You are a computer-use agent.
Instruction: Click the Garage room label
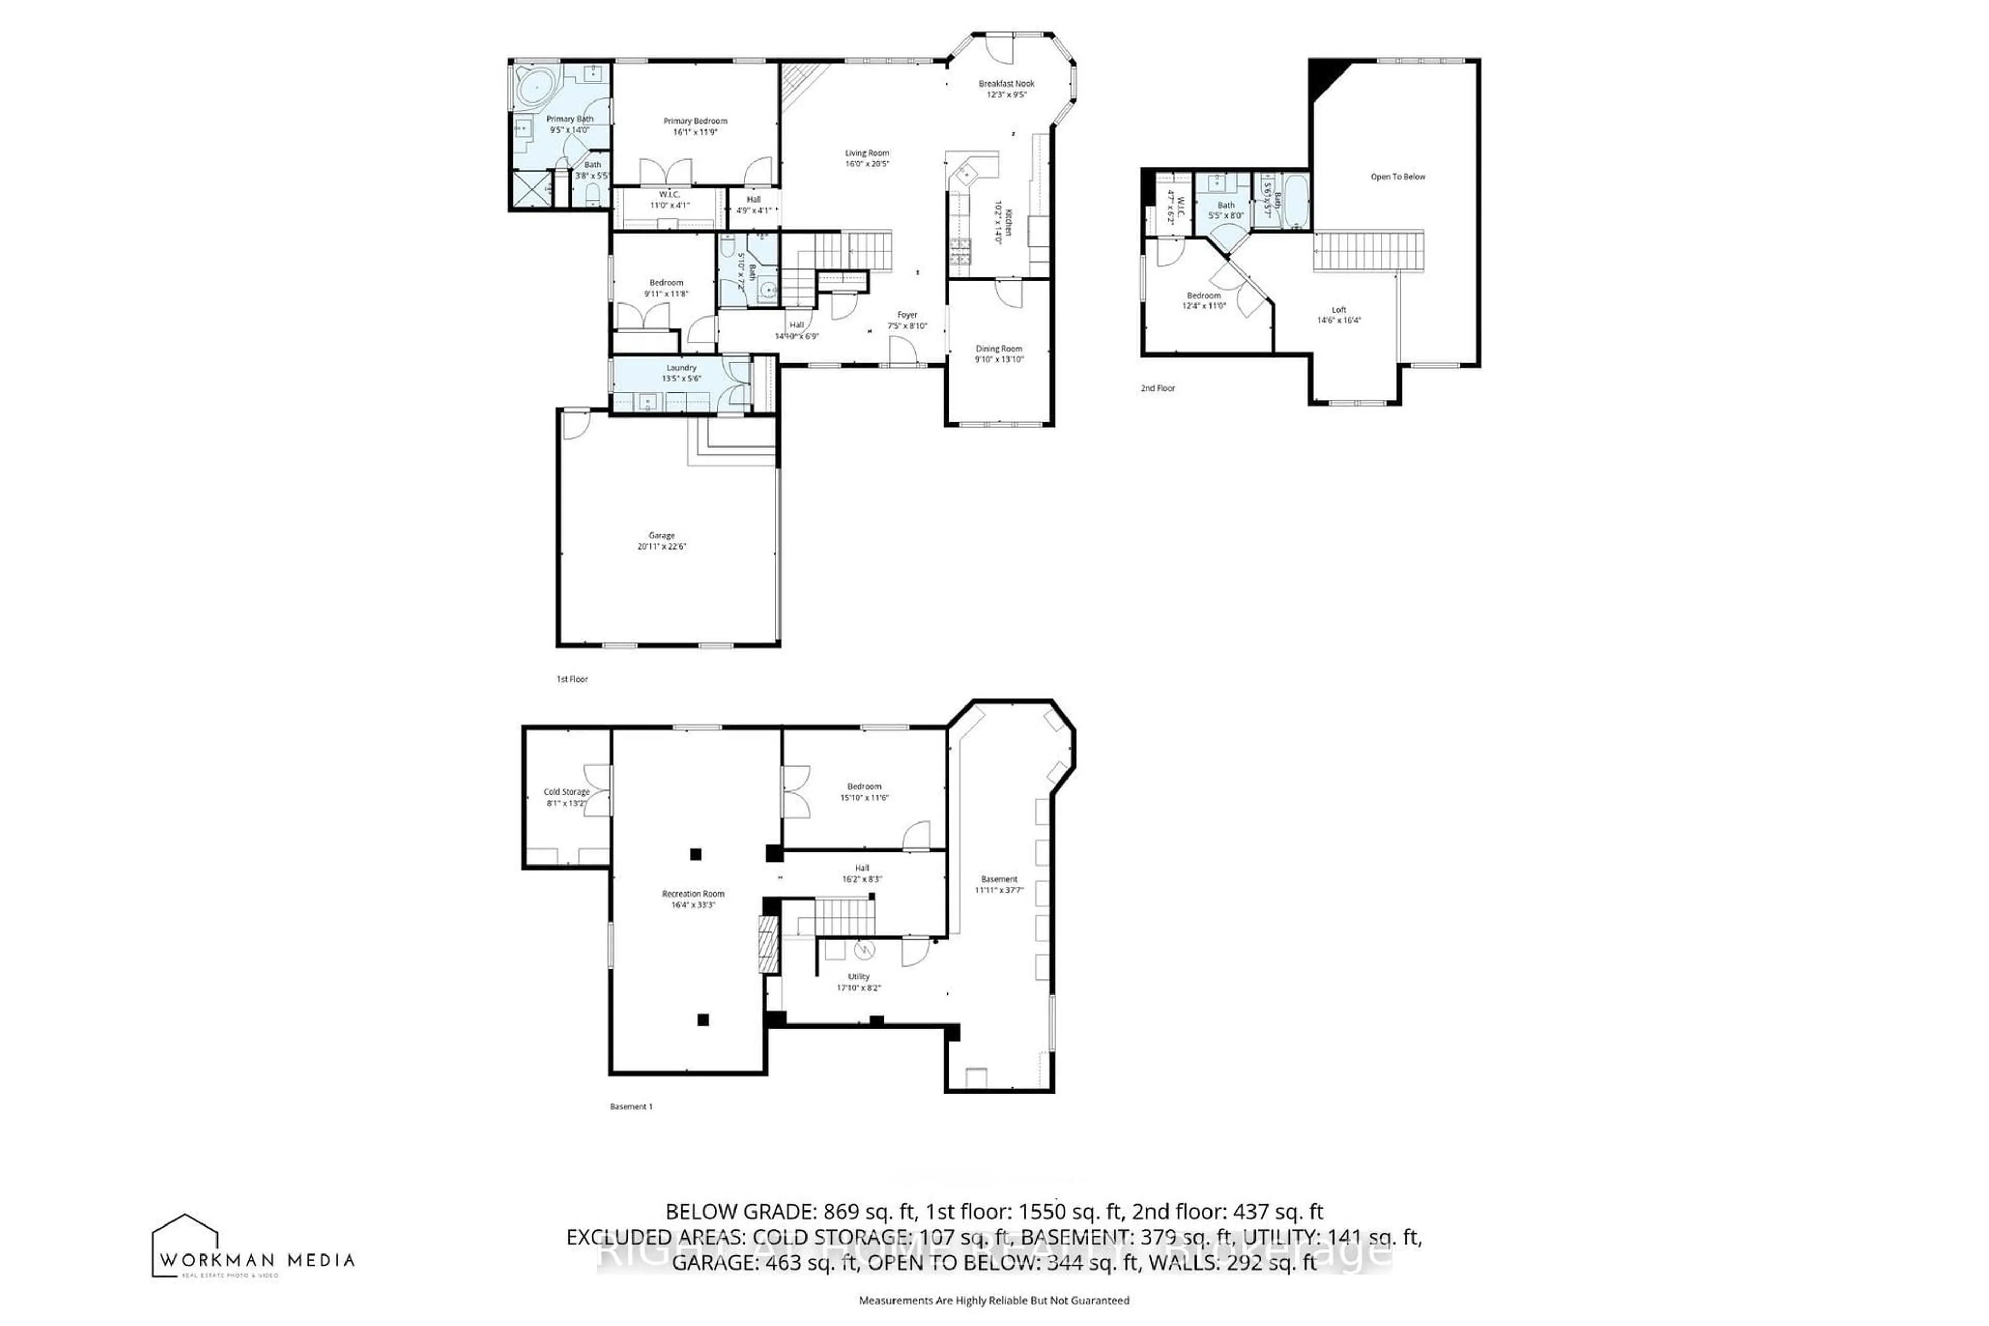[x=661, y=535]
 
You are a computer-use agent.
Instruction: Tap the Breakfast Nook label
[x=1006, y=84]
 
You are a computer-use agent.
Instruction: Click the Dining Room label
[x=999, y=349]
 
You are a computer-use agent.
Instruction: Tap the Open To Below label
[x=1398, y=177]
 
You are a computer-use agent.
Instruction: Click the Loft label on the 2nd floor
[x=1338, y=310]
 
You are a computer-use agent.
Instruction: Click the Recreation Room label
[x=693, y=894]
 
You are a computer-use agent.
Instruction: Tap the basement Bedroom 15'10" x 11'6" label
[x=864, y=786]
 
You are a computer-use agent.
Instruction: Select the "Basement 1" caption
[x=631, y=1106]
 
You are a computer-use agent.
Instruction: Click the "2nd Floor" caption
[x=1158, y=388]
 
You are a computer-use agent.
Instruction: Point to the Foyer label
[x=907, y=314]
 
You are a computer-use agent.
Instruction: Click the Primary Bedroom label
[x=695, y=121]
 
